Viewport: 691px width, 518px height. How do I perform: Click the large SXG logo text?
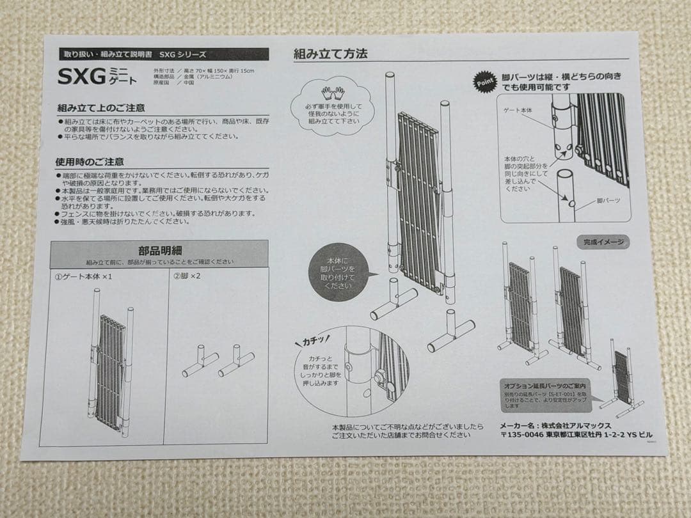coord(81,77)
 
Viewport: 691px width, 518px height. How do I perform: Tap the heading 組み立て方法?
coord(330,54)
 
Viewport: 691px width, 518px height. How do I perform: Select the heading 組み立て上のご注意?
coord(100,107)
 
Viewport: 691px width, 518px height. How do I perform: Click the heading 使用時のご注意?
coord(90,162)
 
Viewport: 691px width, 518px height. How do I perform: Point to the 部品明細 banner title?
coord(159,251)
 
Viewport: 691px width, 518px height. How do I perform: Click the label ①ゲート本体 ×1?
coord(84,277)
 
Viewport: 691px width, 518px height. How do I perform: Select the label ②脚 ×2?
coord(187,277)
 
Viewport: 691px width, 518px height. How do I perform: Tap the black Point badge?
coord(484,82)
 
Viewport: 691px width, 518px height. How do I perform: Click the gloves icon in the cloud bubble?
coord(333,93)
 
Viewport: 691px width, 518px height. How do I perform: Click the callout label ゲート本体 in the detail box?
coord(518,110)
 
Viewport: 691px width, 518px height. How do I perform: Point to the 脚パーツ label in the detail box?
coord(608,200)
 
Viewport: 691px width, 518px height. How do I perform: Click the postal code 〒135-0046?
coord(521,435)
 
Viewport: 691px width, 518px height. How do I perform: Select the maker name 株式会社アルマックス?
coord(579,425)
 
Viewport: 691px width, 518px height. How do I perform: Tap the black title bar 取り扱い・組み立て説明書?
coord(163,55)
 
